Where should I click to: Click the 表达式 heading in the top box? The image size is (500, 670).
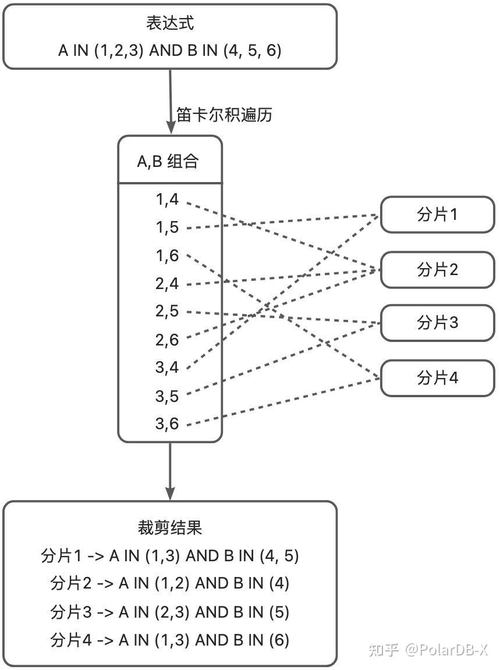(x=169, y=24)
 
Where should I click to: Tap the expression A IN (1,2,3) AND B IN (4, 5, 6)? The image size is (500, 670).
(x=169, y=51)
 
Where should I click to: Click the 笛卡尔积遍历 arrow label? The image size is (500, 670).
(x=224, y=115)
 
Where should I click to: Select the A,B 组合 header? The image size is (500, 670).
(x=168, y=162)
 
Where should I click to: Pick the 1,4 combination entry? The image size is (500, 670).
(x=166, y=199)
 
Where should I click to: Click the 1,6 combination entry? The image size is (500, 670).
(x=166, y=255)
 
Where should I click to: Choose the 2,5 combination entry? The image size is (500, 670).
(x=166, y=311)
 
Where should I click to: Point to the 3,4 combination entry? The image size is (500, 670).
(x=166, y=368)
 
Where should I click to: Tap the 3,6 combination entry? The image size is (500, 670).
(x=166, y=424)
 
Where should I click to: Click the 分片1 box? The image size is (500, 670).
(x=437, y=215)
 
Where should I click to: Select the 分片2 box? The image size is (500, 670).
(x=437, y=269)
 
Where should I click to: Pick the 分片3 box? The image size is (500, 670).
(x=437, y=323)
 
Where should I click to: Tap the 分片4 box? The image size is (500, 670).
(x=437, y=378)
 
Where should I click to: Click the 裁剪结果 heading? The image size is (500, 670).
(x=169, y=528)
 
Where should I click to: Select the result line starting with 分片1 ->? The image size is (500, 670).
(x=169, y=556)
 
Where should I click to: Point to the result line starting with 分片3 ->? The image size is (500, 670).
(x=169, y=612)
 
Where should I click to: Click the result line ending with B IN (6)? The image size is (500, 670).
(x=169, y=640)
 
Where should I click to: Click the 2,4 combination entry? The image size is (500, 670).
(x=166, y=284)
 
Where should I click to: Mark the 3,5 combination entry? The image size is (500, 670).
(x=166, y=396)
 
